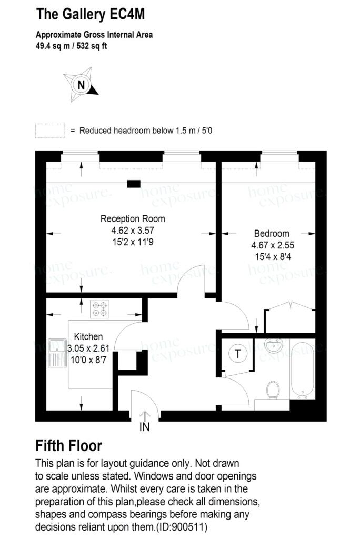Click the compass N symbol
tap(81, 85)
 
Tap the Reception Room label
tap(133, 218)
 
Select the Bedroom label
tap(272, 233)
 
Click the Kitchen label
tap(88, 336)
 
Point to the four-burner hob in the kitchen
tap(99, 308)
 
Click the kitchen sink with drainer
tap(57, 353)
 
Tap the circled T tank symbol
tap(238, 353)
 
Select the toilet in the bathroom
tap(273, 390)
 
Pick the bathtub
tap(303, 368)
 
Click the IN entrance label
tap(145, 427)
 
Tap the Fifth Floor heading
tap(69, 446)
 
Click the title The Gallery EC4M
tap(91, 14)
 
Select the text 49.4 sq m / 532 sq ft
tap(71, 46)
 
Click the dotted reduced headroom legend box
tap(50, 131)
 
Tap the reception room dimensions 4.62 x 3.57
tap(133, 231)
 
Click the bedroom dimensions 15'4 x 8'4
tap(273, 257)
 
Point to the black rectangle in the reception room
tap(134, 184)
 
